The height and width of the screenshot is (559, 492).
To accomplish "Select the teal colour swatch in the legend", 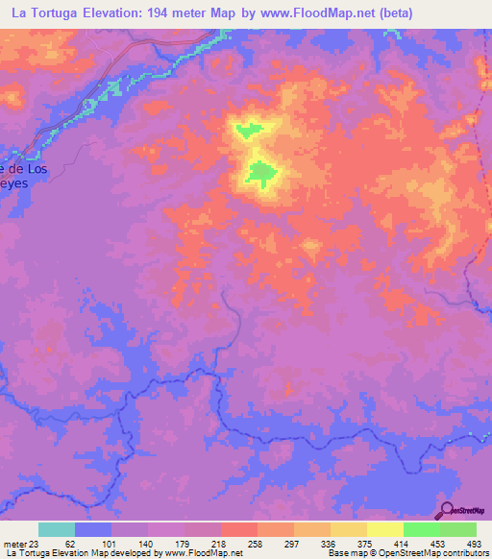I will coord(57,529).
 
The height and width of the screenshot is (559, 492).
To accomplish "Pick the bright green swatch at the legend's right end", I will coord(458,529).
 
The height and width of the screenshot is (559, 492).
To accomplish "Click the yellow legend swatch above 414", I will coord(385,529).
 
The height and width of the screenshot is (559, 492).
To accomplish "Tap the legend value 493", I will coord(473,543).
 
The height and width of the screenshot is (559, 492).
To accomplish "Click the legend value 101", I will coord(111,543).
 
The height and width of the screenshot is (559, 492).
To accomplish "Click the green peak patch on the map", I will coord(260,174).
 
